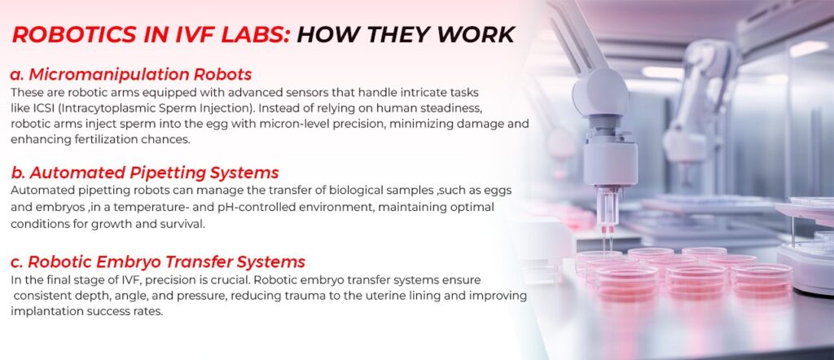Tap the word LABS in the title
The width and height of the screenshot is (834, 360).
250,35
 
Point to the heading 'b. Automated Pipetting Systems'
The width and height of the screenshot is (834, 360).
144,173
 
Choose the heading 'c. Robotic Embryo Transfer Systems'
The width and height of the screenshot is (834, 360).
158,262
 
